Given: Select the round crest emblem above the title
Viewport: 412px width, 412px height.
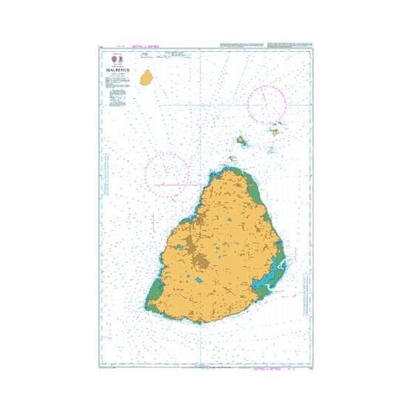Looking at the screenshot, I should pyautogui.click(x=112, y=58).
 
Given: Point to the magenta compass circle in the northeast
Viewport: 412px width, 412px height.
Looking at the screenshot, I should pyautogui.click(x=268, y=103).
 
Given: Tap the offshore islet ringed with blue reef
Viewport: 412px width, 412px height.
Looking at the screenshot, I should pyautogui.click(x=242, y=140).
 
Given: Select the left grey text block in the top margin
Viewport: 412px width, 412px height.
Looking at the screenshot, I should pyautogui.click(x=246, y=45).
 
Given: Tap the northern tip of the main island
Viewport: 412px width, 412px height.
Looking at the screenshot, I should pyautogui.click(x=224, y=170).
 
